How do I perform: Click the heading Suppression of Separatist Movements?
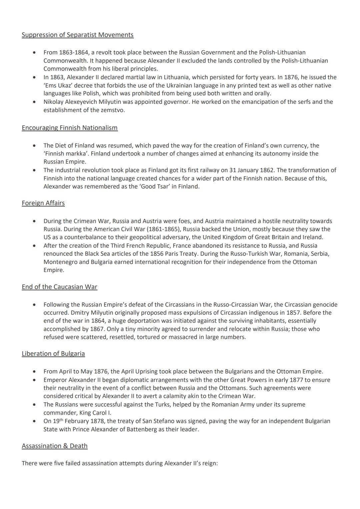coord(77,35)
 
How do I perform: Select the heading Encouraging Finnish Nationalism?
coord(69,128)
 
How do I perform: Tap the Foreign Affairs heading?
coord(43,203)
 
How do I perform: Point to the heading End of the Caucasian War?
coord(59,287)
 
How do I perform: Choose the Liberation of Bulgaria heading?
coord(53,353)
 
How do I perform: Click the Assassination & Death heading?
coord(54,446)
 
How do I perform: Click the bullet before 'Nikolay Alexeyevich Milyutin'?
coord(35,102)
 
